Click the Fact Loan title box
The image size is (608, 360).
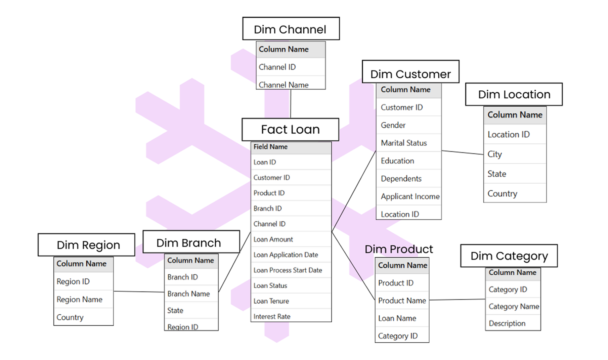(x=290, y=129)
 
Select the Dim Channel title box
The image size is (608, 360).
(x=291, y=29)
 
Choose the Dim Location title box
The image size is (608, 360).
(x=514, y=94)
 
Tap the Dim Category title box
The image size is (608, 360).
(x=509, y=256)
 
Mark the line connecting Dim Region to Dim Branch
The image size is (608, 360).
(x=138, y=291)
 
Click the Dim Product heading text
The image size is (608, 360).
(x=399, y=249)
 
